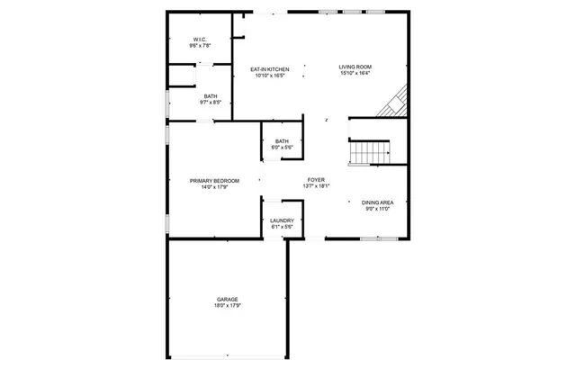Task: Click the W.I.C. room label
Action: (x=201, y=39)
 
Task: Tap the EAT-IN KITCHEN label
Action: (x=269, y=67)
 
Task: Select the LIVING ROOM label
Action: (x=355, y=67)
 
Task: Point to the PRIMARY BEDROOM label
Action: (x=214, y=180)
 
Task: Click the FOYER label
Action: (x=316, y=179)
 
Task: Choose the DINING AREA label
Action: (x=377, y=202)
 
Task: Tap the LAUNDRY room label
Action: (x=282, y=220)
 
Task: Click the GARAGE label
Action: (x=227, y=299)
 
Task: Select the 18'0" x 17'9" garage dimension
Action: (x=227, y=306)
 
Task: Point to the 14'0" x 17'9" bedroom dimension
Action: (x=214, y=187)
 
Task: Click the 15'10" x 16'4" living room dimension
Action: (x=355, y=74)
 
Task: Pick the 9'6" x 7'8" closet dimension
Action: (x=201, y=45)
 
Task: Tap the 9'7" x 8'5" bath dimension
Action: (x=211, y=103)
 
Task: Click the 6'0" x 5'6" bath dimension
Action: (x=282, y=147)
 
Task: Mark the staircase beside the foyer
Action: (x=370, y=153)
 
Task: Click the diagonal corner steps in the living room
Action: (x=393, y=103)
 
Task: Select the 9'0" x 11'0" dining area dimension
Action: (x=377, y=209)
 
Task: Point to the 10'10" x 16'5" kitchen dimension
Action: (x=269, y=75)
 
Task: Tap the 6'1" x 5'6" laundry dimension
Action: (x=282, y=227)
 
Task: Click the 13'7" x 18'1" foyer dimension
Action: (x=316, y=186)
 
